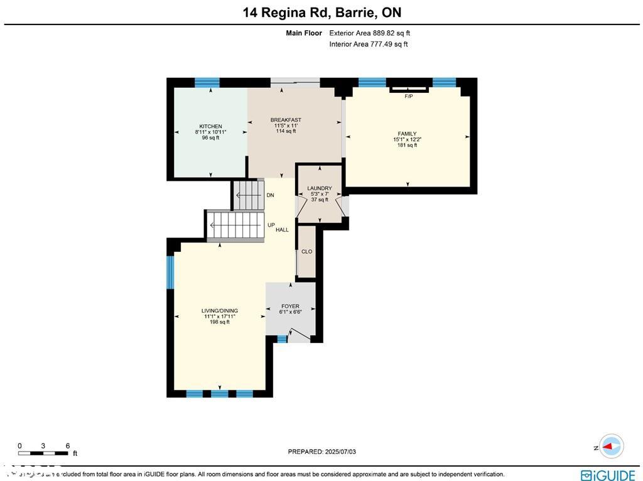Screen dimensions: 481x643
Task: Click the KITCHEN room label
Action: click(x=210, y=126)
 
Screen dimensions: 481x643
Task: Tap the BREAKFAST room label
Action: click(x=286, y=120)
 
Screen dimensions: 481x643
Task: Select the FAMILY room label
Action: click(x=407, y=134)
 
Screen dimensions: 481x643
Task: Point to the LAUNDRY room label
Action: click(x=319, y=188)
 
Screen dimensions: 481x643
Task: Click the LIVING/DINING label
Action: click(x=219, y=311)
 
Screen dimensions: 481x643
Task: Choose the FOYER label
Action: click(x=290, y=306)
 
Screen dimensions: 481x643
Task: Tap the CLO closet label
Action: click(x=306, y=252)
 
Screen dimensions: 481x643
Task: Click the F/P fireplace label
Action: click(x=409, y=96)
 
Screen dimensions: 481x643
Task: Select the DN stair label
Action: click(x=270, y=195)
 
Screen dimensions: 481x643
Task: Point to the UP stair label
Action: click(x=271, y=224)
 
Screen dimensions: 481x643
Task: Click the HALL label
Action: click(x=282, y=230)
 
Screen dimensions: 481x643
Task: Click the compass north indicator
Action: click(x=610, y=447)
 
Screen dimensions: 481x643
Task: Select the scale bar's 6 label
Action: click(x=67, y=446)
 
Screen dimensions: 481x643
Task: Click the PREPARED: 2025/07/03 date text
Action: click(x=325, y=451)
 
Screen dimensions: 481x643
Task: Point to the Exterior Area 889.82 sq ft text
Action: click(x=369, y=33)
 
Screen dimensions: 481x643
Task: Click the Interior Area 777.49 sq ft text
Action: click(x=368, y=44)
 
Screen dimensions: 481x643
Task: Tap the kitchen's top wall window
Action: click(x=207, y=82)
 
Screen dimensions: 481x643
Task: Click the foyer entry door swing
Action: click(x=300, y=335)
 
